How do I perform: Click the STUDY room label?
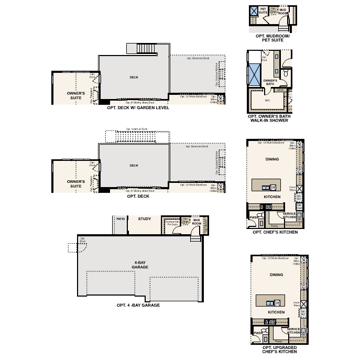144,219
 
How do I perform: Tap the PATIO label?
121,219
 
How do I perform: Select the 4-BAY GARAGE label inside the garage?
140,265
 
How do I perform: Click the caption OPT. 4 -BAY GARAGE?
138,305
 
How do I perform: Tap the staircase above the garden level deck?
147,49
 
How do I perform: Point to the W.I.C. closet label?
267,100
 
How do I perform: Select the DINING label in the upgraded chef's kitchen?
276,275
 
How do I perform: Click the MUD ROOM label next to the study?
197,222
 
